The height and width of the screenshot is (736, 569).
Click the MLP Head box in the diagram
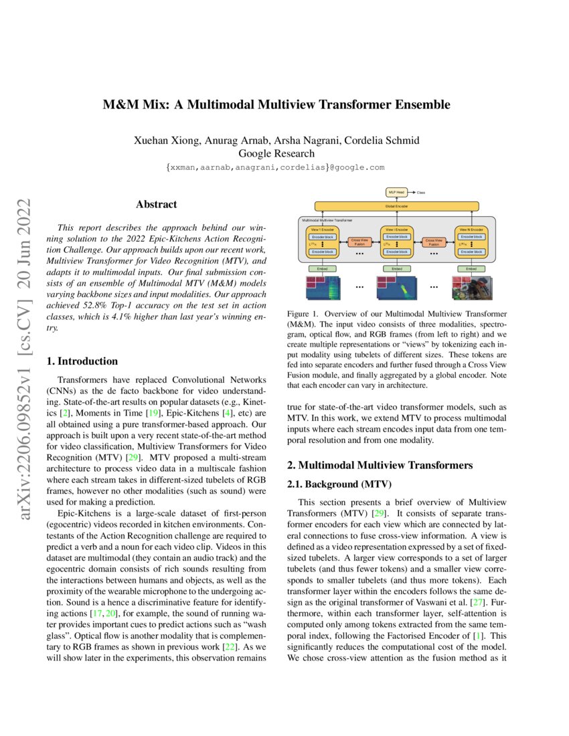point(396,192)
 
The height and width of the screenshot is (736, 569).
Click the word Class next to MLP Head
point(421,192)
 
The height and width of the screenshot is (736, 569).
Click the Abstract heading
point(156,205)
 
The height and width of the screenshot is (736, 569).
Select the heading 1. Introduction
point(82,361)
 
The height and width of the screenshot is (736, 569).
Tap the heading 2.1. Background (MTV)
point(330,484)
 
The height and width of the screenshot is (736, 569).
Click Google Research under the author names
point(276,153)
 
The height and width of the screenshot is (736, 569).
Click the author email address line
point(275,167)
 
